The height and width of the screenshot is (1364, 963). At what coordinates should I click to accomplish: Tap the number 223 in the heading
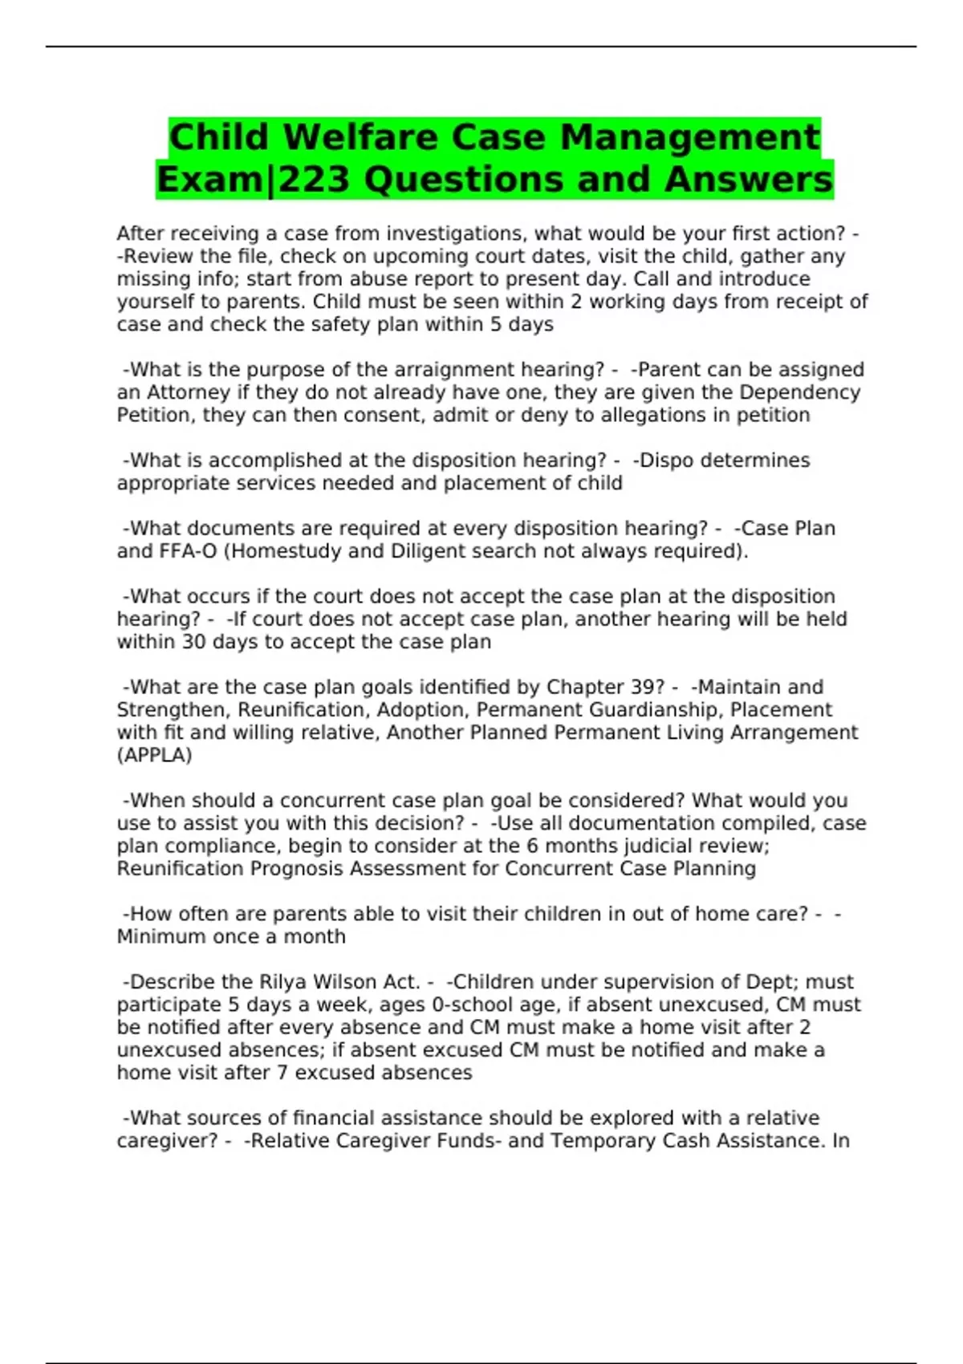click(x=315, y=179)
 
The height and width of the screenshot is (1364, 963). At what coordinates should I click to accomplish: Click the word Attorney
click(x=189, y=392)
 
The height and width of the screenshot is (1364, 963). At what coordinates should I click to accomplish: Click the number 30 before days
click(x=194, y=642)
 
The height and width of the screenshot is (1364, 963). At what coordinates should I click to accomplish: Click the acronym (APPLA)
click(x=154, y=755)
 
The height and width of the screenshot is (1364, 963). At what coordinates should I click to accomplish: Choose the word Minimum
click(x=159, y=936)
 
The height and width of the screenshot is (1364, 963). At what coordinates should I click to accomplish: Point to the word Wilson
click(x=344, y=982)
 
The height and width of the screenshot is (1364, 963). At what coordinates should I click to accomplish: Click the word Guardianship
click(x=656, y=710)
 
